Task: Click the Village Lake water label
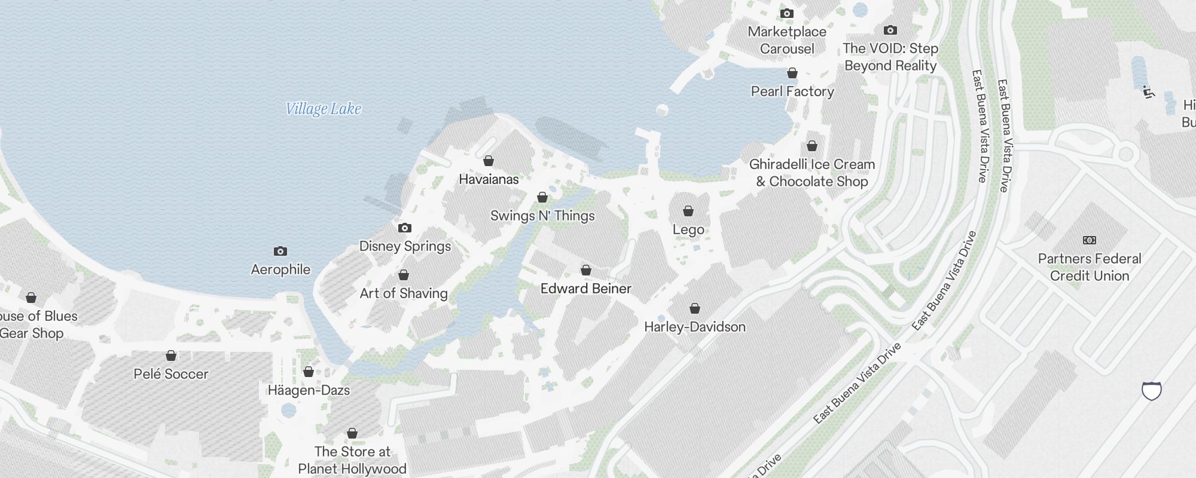click(x=324, y=109)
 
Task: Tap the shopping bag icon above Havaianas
click(x=489, y=161)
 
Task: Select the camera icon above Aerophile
click(x=280, y=251)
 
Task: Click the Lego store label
click(x=688, y=229)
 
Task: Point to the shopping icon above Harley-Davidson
click(x=695, y=308)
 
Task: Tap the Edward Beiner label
click(x=585, y=289)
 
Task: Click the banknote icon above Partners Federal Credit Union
click(x=1090, y=240)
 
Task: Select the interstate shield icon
click(x=1152, y=391)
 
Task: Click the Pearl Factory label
click(x=792, y=91)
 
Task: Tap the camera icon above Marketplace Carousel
click(x=787, y=13)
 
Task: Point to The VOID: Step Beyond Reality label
click(x=890, y=57)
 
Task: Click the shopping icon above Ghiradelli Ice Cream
click(x=812, y=146)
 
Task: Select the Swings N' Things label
click(x=542, y=216)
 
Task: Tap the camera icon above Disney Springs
click(x=405, y=228)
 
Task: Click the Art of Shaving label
click(x=404, y=293)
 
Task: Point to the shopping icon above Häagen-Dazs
click(x=309, y=372)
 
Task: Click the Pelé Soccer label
click(x=171, y=374)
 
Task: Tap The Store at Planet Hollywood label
click(x=352, y=460)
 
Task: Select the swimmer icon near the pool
click(x=1148, y=92)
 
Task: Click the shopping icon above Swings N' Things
click(x=542, y=197)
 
